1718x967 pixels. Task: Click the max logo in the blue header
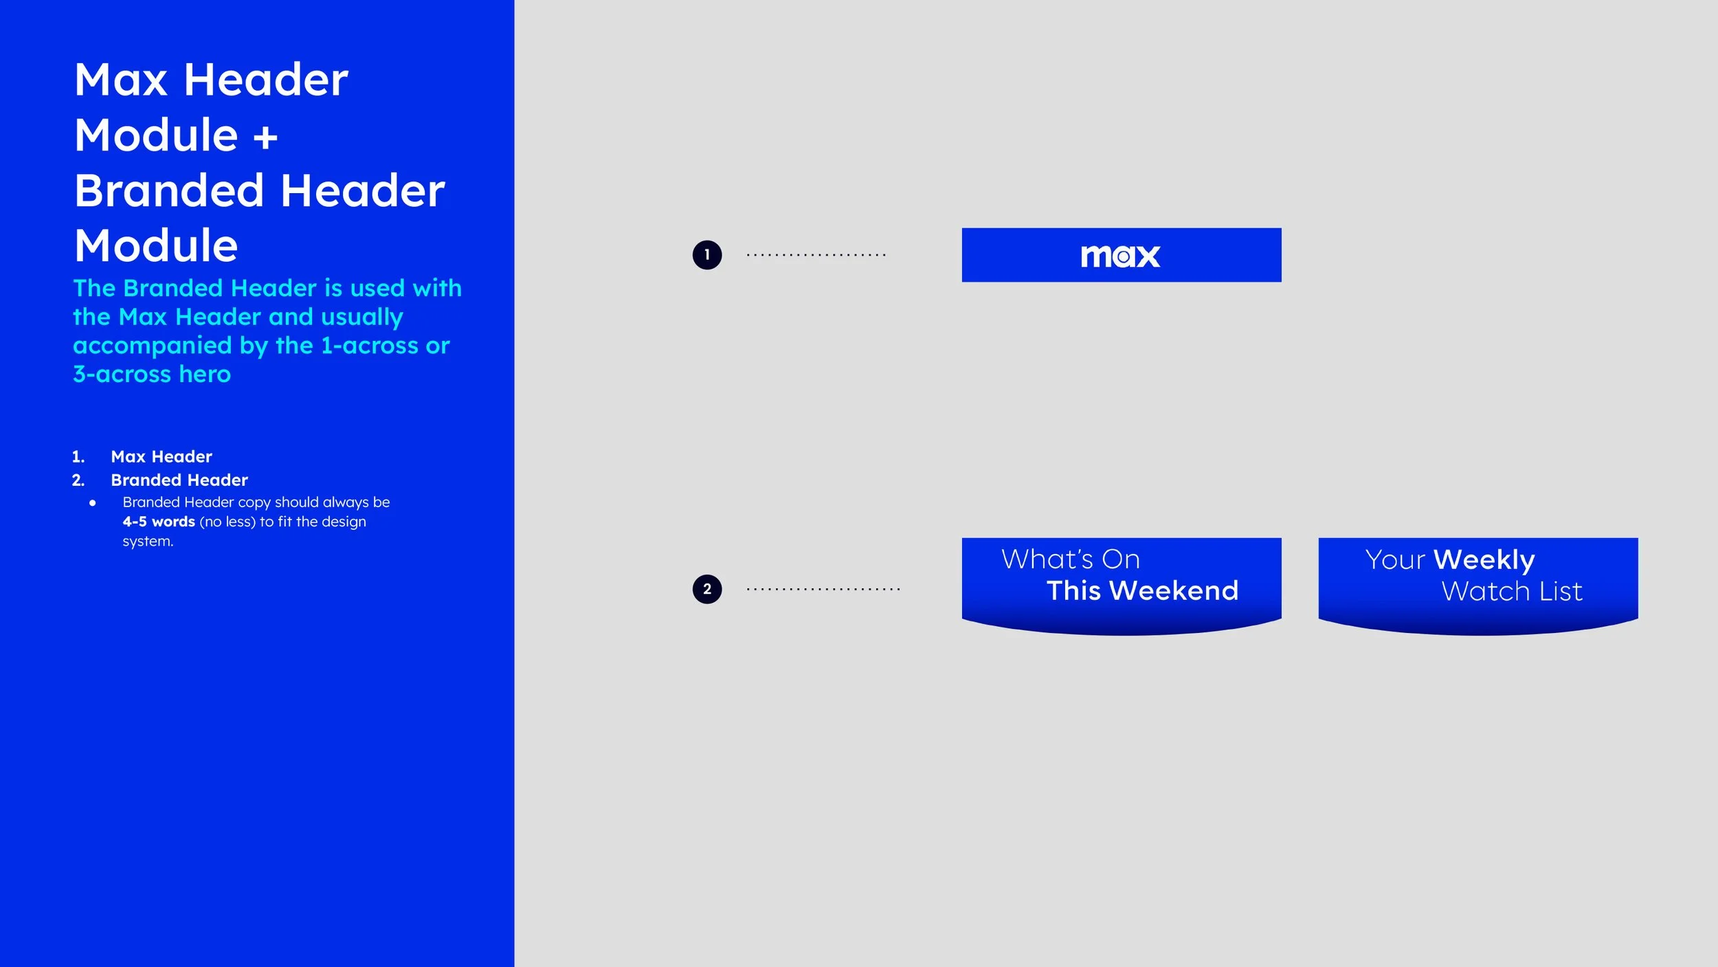tap(1120, 256)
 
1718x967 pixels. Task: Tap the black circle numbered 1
tap(707, 255)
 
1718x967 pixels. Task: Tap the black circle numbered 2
tap(707, 589)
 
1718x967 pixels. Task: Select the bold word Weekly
tap(1484, 560)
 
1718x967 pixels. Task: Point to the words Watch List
tap(1511, 592)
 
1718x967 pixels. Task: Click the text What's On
tap(1070, 559)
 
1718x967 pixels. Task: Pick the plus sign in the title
tap(265, 136)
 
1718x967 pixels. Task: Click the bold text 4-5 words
tap(159, 522)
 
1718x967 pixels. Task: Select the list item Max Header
tap(161, 456)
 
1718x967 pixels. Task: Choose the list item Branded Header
tap(179, 480)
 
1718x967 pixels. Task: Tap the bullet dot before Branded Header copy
tap(93, 502)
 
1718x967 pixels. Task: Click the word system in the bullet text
tap(146, 542)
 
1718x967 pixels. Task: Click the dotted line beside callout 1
tap(816, 255)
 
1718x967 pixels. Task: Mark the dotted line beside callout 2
tap(823, 589)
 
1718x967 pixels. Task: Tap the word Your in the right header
tap(1395, 560)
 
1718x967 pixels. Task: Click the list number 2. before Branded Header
tap(78, 480)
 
